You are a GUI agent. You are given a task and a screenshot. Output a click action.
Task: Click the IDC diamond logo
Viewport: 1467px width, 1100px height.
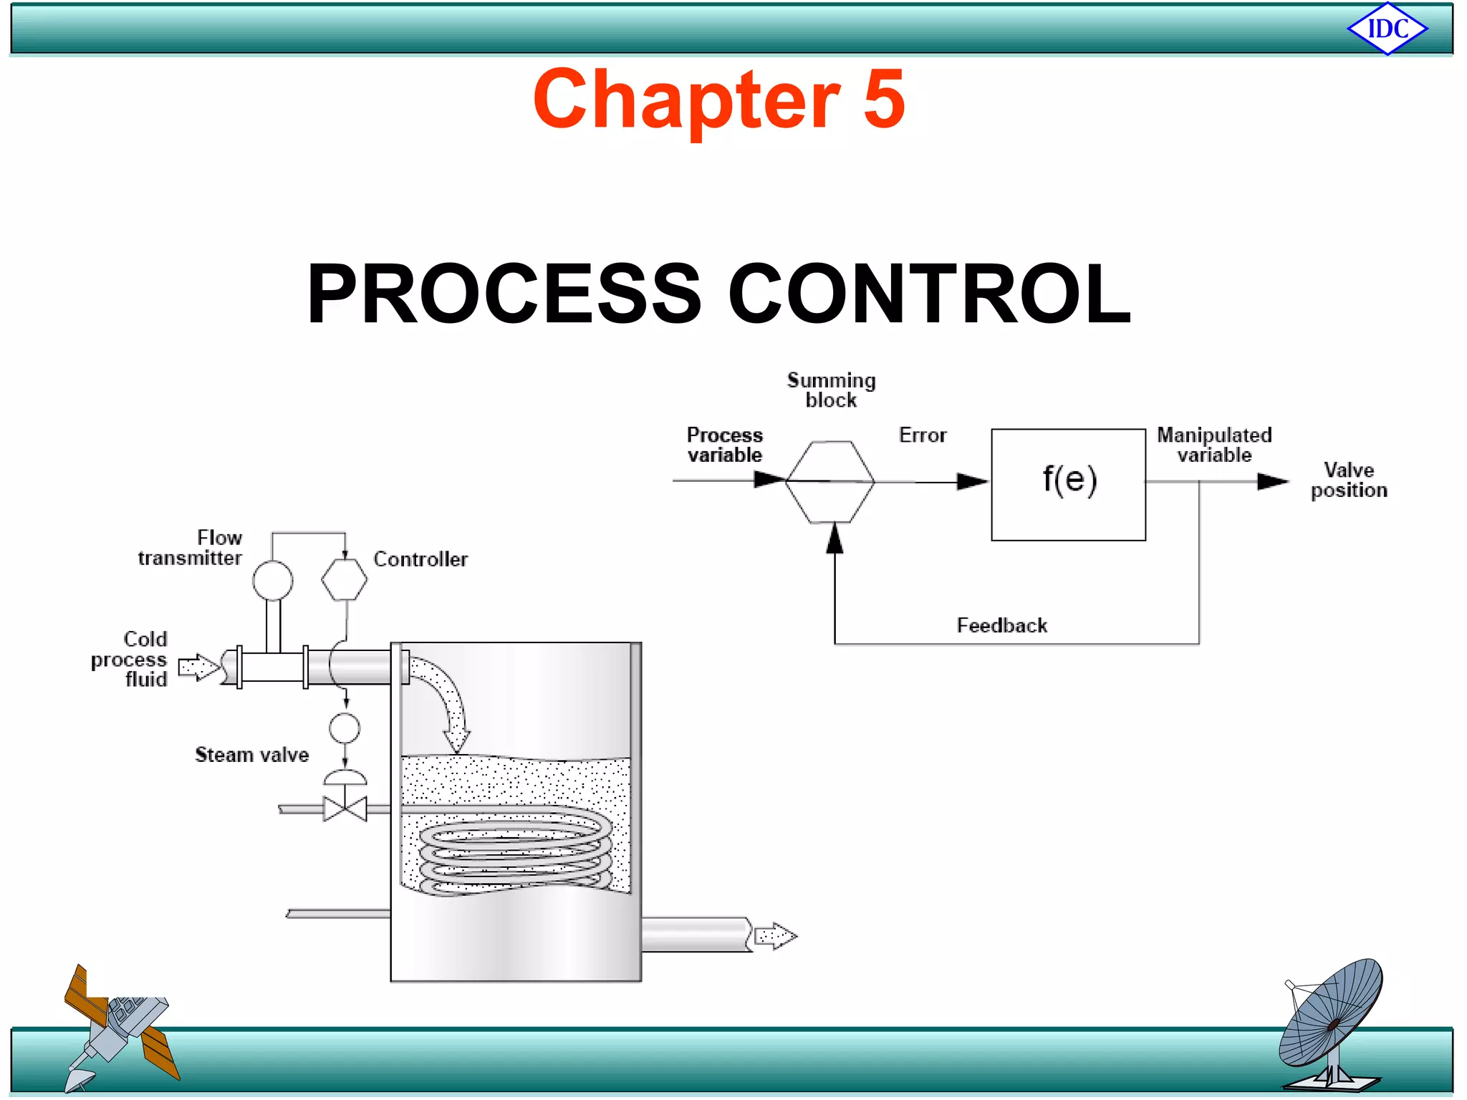[x=1387, y=29]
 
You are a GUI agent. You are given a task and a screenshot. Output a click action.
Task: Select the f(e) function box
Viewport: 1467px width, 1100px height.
[x=1068, y=484]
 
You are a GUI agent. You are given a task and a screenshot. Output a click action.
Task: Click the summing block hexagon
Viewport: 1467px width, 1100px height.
[x=830, y=481]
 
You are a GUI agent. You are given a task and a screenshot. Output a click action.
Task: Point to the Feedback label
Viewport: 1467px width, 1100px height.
[x=1001, y=625]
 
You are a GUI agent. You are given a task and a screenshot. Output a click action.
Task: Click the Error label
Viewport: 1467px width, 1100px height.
[x=923, y=435]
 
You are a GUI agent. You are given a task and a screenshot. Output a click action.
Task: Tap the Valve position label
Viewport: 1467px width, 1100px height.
[x=1349, y=480]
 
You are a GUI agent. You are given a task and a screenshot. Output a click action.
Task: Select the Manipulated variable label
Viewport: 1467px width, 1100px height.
[x=1214, y=445]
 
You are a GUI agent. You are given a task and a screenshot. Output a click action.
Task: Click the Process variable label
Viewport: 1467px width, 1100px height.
[x=725, y=445]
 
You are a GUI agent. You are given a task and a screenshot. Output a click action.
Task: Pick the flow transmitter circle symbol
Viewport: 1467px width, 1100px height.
[x=272, y=580]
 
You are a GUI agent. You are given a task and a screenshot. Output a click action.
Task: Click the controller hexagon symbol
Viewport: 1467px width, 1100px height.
[x=345, y=579]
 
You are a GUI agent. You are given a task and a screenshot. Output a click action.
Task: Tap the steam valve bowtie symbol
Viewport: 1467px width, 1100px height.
[x=345, y=809]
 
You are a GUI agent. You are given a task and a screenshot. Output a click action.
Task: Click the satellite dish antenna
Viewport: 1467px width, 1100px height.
[x=1332, y=1024]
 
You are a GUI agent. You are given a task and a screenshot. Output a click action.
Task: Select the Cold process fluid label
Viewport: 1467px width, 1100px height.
[x=130, y=659]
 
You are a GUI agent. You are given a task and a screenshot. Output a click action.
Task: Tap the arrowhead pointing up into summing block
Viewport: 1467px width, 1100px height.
[x=834, y=538]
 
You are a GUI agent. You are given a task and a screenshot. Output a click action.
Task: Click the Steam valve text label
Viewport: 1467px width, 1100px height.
[x=252, y=755]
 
